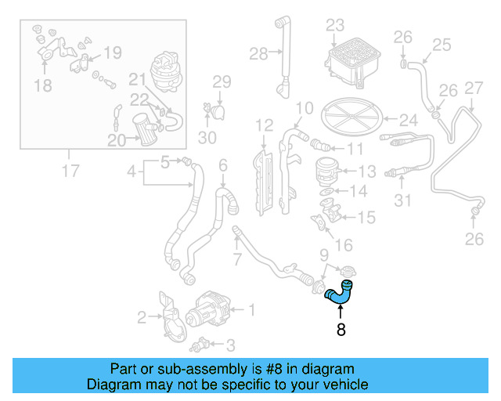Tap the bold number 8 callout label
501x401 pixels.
click(341, 331)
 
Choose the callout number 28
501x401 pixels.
click(258, 53)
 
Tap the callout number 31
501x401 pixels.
click(402, 201)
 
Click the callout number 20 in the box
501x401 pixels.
click(117, 141)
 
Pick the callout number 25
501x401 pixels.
click(442, 45)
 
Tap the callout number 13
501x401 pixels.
click(367, 170)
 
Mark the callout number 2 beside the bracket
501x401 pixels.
click(142, 317)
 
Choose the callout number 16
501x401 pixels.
click(342, 245)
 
